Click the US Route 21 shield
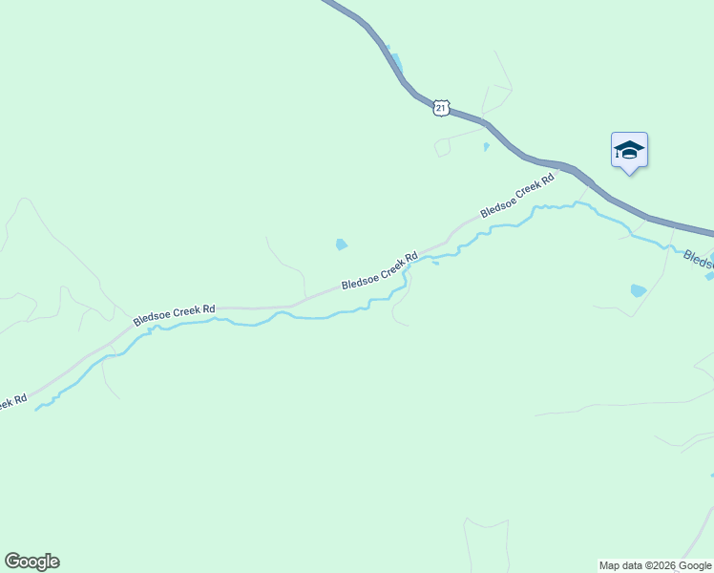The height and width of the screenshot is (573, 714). [x=440, y=108]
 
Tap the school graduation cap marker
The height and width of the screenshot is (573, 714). [x=629, y=150]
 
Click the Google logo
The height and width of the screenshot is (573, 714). [x=31, y=562]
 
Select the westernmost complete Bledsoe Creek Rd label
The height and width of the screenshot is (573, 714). [x=175, y=314]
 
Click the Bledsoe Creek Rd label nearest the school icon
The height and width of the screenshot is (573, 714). [x=516, y=196]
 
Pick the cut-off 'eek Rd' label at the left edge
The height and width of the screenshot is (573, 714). [x=12, y=402]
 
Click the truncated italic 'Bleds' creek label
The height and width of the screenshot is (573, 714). [x=700, y=259]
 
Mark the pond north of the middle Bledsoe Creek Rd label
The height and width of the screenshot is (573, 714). [x=342, y=244]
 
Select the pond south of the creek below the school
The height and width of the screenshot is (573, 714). [x=638, y=290]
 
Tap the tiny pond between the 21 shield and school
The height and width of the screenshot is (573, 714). [x=486, y=147]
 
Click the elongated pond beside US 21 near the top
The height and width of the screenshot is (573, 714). [x=393, y=63]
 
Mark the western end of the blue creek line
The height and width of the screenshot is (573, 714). [x=37, y=410]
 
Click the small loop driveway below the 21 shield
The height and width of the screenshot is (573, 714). [x=442, y=147]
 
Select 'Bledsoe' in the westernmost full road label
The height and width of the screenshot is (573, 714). [x=153, y=318]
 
